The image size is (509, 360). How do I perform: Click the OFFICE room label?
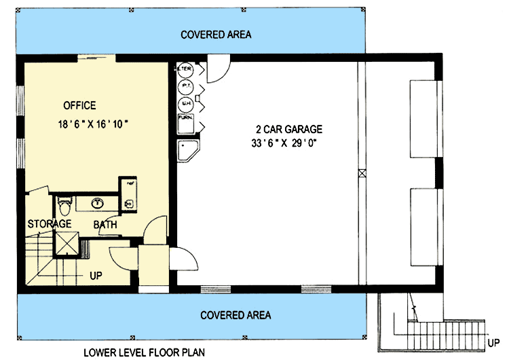click(79, 106)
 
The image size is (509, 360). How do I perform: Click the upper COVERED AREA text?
click(216, 35)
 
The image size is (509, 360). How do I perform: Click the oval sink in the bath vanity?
click(97, 202)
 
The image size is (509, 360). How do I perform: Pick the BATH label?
click(105, 224)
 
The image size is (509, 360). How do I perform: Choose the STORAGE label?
click(50, 223)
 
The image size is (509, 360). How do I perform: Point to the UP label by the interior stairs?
click(96, 275)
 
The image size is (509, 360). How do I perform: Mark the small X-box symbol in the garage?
click(362, 173)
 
